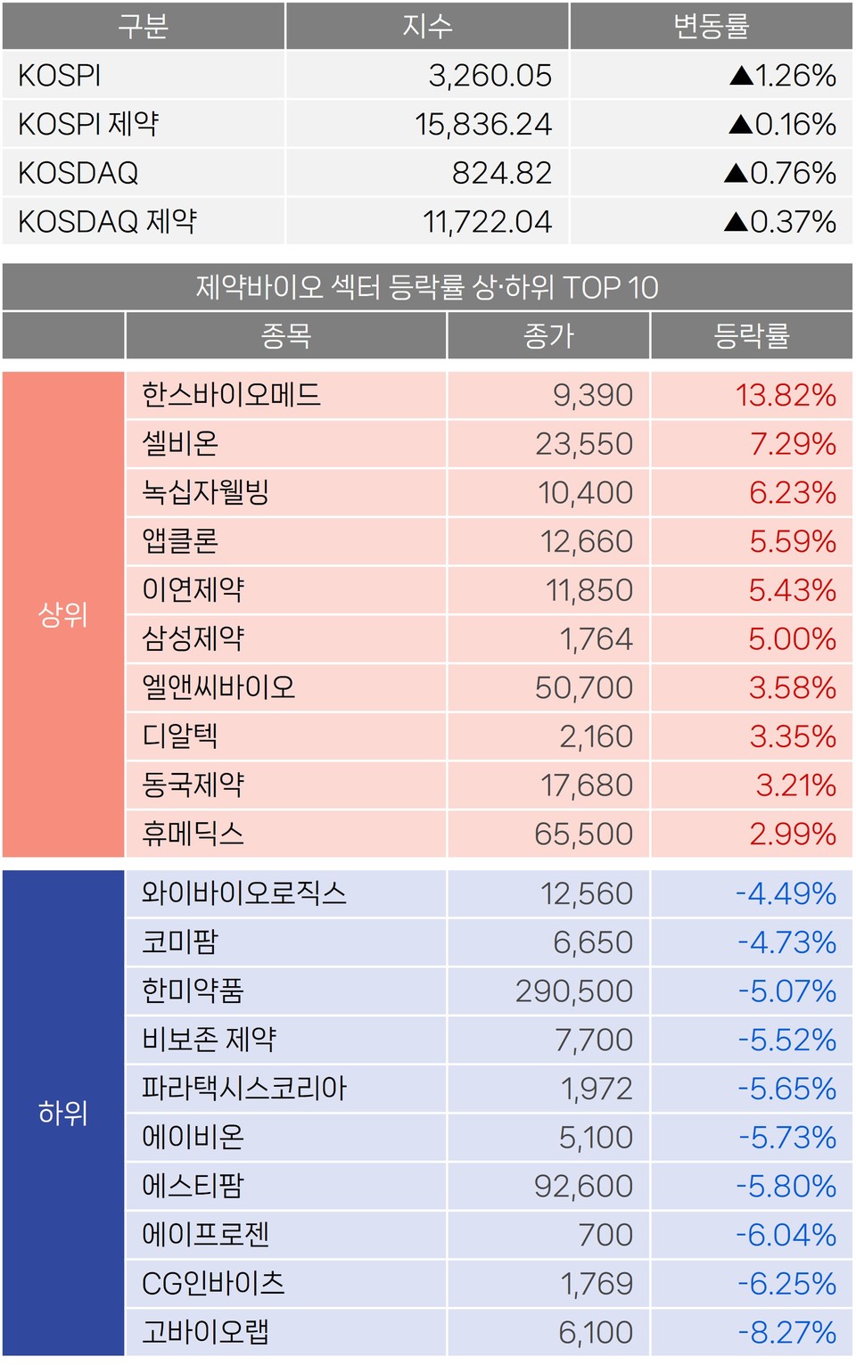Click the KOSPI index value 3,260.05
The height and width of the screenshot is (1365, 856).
click(490, 76)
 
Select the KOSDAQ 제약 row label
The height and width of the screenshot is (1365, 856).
click(107, 221)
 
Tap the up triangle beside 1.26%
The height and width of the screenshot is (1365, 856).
click(741, 76)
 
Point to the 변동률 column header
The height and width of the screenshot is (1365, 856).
click(711, 27)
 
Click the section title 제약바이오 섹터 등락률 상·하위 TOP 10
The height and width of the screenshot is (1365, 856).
click(427, 287)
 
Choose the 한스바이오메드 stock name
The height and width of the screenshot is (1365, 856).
click(231, 395)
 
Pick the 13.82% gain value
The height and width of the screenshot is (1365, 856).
click(786, 395)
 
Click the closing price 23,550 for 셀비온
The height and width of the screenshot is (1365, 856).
click(583, 444)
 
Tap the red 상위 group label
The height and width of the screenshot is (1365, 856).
click(62, 614)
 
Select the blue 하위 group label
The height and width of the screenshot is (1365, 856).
click(62, 1113)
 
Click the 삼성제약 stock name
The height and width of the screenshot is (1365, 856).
click(193, 638)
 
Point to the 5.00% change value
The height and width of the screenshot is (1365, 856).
click(792, 638)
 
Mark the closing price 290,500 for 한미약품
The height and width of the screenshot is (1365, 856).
click(573, 991)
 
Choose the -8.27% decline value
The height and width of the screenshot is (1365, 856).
click(786, 1332)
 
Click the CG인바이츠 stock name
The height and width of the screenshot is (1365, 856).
click(213, 1283)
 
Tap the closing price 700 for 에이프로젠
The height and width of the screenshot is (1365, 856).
click(605, 1235)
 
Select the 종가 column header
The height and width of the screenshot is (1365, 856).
click(548, 336)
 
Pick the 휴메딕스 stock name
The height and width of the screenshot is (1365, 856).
click(193, 834)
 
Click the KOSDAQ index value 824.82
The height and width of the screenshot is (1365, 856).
click(501, 173)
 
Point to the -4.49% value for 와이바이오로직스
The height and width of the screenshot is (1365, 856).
click(786, 893)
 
